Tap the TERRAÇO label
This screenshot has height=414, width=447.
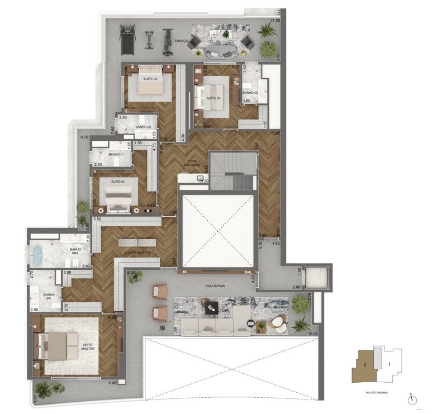(x=180, y=41)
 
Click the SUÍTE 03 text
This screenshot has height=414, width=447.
(x=213, y=98)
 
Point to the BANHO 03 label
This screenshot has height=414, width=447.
(x=250, y=92)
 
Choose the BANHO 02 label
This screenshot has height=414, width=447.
(x=143, y=126)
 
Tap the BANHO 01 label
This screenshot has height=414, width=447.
(x=116, y=154)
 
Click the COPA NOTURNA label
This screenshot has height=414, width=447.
(x=193, y=163)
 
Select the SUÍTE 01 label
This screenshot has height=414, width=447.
(x=117, y=182)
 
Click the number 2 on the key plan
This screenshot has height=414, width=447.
(x=364, y=364)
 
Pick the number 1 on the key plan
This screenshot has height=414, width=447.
(x=389, y=364)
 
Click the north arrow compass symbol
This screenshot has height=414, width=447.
(x=411, y=399)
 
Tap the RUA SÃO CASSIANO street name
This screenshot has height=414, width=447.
(x=376, y=393)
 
